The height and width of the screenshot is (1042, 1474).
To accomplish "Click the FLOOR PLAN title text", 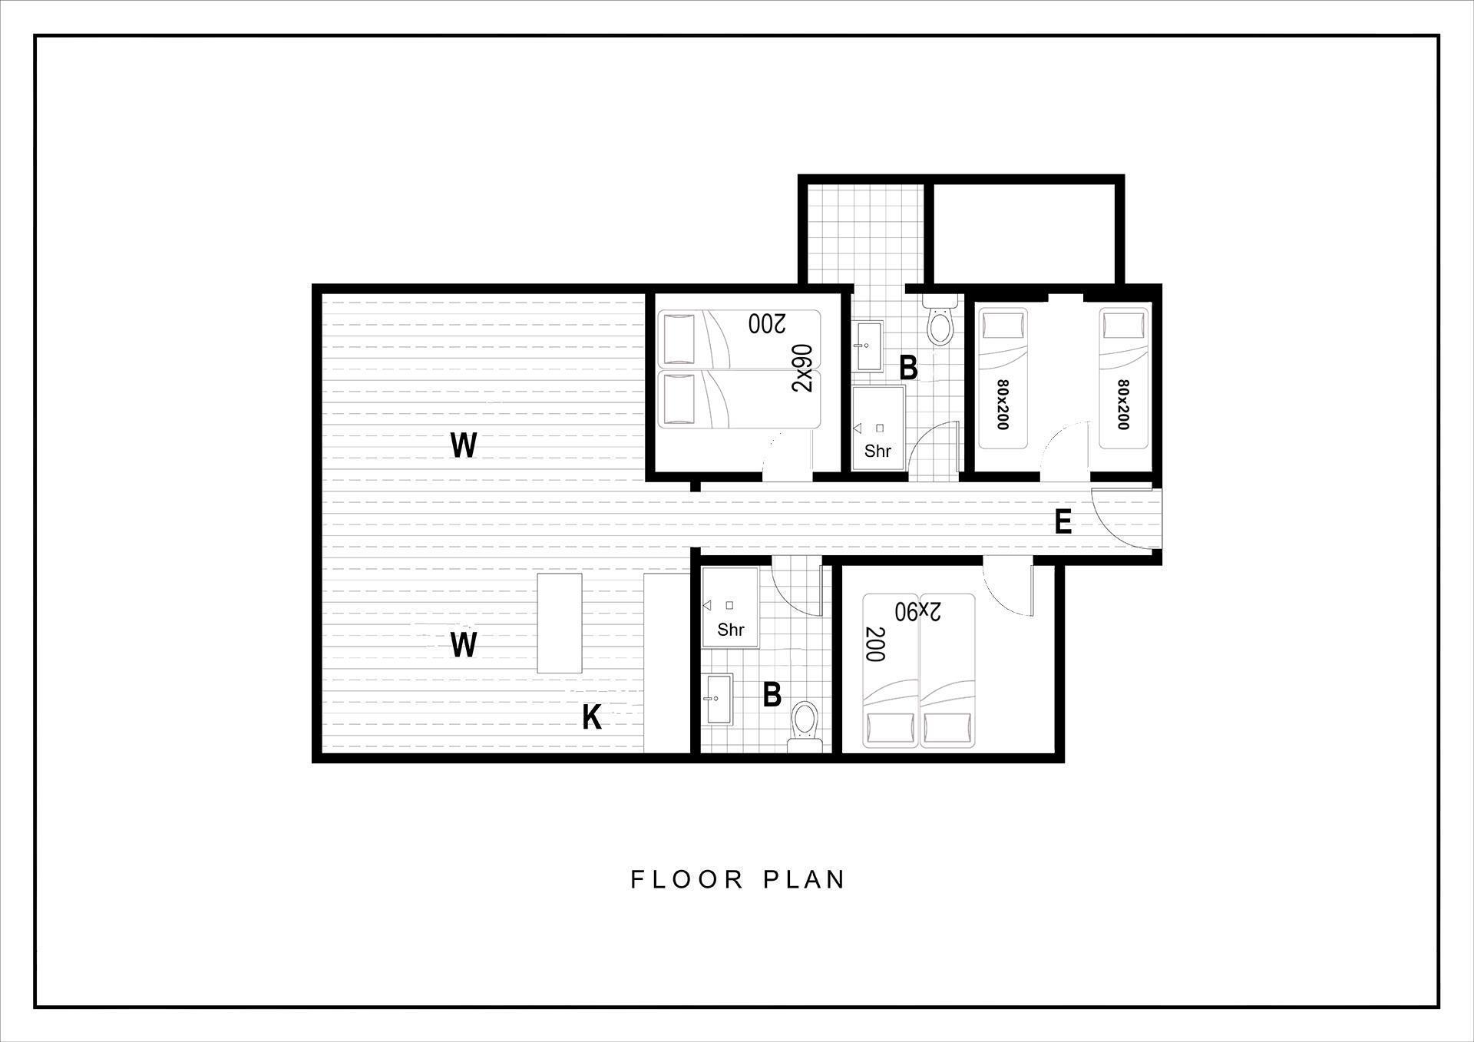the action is [738, 879].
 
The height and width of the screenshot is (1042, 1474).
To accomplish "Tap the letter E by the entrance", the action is [1063, 522].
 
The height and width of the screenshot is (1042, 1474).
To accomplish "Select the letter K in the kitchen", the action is [592, 717].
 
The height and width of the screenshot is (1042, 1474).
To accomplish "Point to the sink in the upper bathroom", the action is [870, 346].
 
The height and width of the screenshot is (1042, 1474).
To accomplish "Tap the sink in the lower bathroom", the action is [719, 699].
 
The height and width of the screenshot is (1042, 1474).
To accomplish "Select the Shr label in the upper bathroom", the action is [877, 451].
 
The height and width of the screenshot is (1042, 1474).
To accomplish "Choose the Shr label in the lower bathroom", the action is [731, 630].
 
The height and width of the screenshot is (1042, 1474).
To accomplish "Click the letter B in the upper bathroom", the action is [908, 369].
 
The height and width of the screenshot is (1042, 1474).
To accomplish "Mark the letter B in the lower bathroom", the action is [772, 694].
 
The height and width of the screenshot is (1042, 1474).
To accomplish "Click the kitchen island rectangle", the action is [559, 623].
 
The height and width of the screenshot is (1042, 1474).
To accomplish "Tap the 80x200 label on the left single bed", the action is [1002, 405].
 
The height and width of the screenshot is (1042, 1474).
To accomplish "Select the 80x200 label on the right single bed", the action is [1124, 405].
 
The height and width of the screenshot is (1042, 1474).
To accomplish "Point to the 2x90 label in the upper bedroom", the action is [801, 368].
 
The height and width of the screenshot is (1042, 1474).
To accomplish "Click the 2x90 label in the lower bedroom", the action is [918, 611].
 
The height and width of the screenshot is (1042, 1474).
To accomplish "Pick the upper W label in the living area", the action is [463, 445].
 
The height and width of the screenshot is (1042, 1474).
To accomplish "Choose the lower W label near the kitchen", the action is [463, 645].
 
